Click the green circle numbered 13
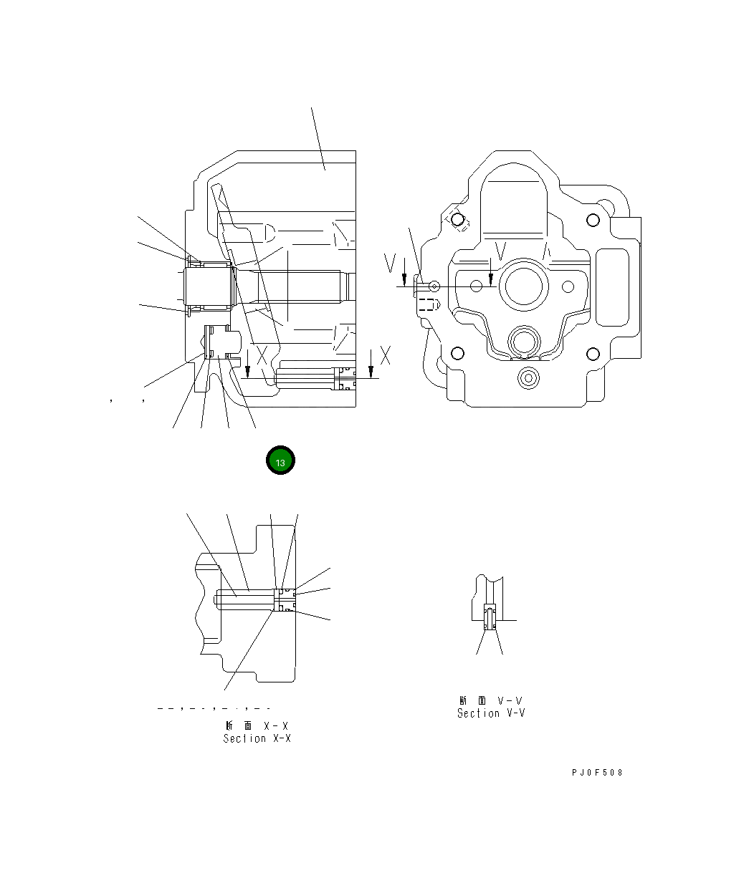pos(280,462)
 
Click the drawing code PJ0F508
pos(597,773)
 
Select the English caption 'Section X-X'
pos(257,738)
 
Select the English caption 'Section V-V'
pos(491,713)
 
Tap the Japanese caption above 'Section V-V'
pos(491,700)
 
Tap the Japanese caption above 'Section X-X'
pos(257,725)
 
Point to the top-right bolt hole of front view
pos(592,220)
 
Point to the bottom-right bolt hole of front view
pos(592,353)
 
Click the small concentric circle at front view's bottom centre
pos(529,377)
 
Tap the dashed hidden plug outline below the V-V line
pos(427,304)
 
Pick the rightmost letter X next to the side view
pos(386,354)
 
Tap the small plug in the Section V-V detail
pos(490,617)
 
